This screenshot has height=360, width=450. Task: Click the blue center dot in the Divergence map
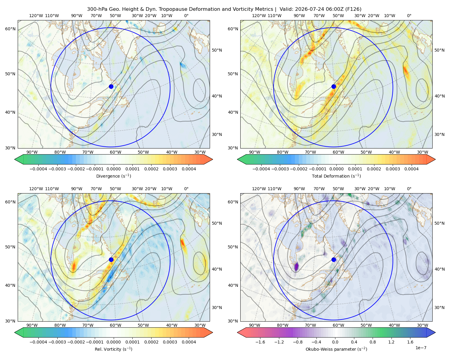point(111,87)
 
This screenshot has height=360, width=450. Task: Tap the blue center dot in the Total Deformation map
point(334,87)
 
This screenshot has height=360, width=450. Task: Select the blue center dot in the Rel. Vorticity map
point(111,259)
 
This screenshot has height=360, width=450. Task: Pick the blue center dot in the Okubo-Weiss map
point(334,259)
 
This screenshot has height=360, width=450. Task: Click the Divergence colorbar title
point(113,176)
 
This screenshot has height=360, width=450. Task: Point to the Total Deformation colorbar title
point(336,176)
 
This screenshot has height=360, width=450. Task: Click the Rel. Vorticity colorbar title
point(113,349)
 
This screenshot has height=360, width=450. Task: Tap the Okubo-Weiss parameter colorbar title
point(336,349)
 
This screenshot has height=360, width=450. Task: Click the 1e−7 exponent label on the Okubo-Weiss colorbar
point(421,348)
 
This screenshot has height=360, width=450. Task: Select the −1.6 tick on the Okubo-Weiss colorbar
point(260,342)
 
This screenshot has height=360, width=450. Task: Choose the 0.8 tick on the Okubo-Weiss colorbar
point(373,342)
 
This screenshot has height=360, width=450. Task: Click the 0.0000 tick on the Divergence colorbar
point(113,169)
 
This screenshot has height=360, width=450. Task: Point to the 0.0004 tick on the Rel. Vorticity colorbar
point(189,342)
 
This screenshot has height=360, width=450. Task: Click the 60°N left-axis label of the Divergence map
point(10,29)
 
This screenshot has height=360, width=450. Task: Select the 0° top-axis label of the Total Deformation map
point(409,16)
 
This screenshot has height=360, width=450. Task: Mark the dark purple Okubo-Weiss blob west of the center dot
point(296,267)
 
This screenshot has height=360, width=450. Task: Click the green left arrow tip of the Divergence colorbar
point(15,159)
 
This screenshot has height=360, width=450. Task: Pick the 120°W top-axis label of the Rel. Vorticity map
point(36,189)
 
